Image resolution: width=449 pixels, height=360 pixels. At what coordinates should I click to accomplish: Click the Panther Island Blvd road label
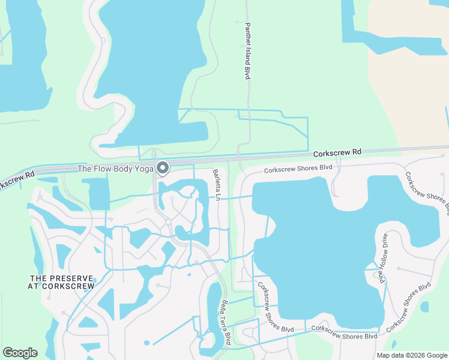[x=247, y=51]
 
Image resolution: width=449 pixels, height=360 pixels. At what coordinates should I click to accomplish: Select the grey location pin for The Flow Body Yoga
[x=161, y=168]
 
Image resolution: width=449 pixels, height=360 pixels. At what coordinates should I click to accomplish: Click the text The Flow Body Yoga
[x=115, y=169]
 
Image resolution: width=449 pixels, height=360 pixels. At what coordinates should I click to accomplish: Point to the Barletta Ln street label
[x=217, y=185]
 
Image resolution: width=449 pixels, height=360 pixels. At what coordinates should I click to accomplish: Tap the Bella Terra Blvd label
[x=226, y=322]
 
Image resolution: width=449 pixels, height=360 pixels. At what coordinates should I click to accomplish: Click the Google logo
[x=20, y=353]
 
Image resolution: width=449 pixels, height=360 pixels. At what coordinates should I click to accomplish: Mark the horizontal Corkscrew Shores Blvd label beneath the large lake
[x=344, y=332]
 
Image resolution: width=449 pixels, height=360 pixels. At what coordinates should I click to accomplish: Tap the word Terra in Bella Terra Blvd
[x=226, y=324]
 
